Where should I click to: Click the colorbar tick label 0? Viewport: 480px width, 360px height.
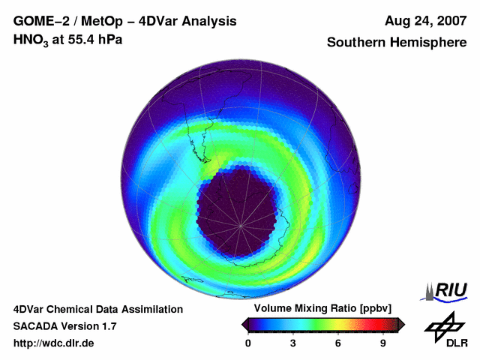(x=248, y=343)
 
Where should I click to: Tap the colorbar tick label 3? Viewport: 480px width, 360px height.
(x=293, y=343)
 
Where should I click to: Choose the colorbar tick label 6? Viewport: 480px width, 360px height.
(x=338, y=343)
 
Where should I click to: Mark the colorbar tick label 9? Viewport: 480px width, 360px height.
(x=383, y=343)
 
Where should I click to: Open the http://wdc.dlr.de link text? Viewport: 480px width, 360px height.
(x=54, y=343)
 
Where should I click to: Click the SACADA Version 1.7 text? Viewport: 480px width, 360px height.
(x=64, y=326)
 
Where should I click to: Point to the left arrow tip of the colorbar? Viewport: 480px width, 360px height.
(x=244, y=323)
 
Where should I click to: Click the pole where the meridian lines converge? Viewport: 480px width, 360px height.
(x=240, y=225)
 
